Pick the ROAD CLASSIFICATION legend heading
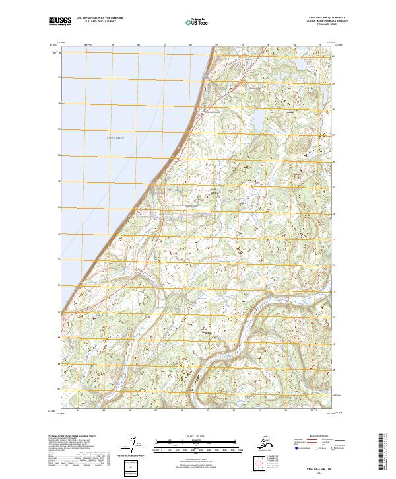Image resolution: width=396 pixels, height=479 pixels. [324, 437]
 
